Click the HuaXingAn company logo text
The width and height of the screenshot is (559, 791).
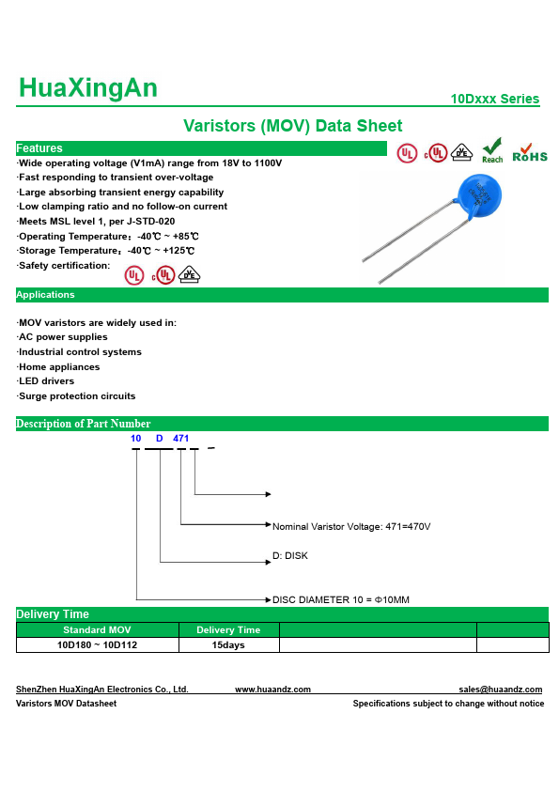(87, 87)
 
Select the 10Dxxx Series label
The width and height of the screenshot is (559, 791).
(494, 99)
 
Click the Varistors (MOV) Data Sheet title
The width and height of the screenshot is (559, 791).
(292, 126)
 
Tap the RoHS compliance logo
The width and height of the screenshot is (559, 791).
(530, 153)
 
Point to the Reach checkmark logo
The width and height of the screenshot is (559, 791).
(492, 150)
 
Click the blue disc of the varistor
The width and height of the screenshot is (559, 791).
(479, 196)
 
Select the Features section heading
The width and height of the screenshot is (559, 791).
(39, 148)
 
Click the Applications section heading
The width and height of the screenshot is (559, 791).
(45, 295)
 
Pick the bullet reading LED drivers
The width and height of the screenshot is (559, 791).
(46, 380)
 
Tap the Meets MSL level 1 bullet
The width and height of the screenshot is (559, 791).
(97, 221)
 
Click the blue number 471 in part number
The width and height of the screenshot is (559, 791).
(180, 438)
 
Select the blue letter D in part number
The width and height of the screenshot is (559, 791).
(160, 438)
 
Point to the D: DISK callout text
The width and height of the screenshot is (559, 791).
(290, 555)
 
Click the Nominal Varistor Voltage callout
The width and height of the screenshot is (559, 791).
(351, 527)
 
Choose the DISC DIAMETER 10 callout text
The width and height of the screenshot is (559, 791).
(341, 599)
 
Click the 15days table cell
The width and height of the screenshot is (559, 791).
(228, 644)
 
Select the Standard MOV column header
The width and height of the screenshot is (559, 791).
(97, 629)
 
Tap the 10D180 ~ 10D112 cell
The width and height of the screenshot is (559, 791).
(97, 644)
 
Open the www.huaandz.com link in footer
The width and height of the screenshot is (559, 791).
(273, 690)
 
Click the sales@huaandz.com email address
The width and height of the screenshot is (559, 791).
(501, 690)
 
